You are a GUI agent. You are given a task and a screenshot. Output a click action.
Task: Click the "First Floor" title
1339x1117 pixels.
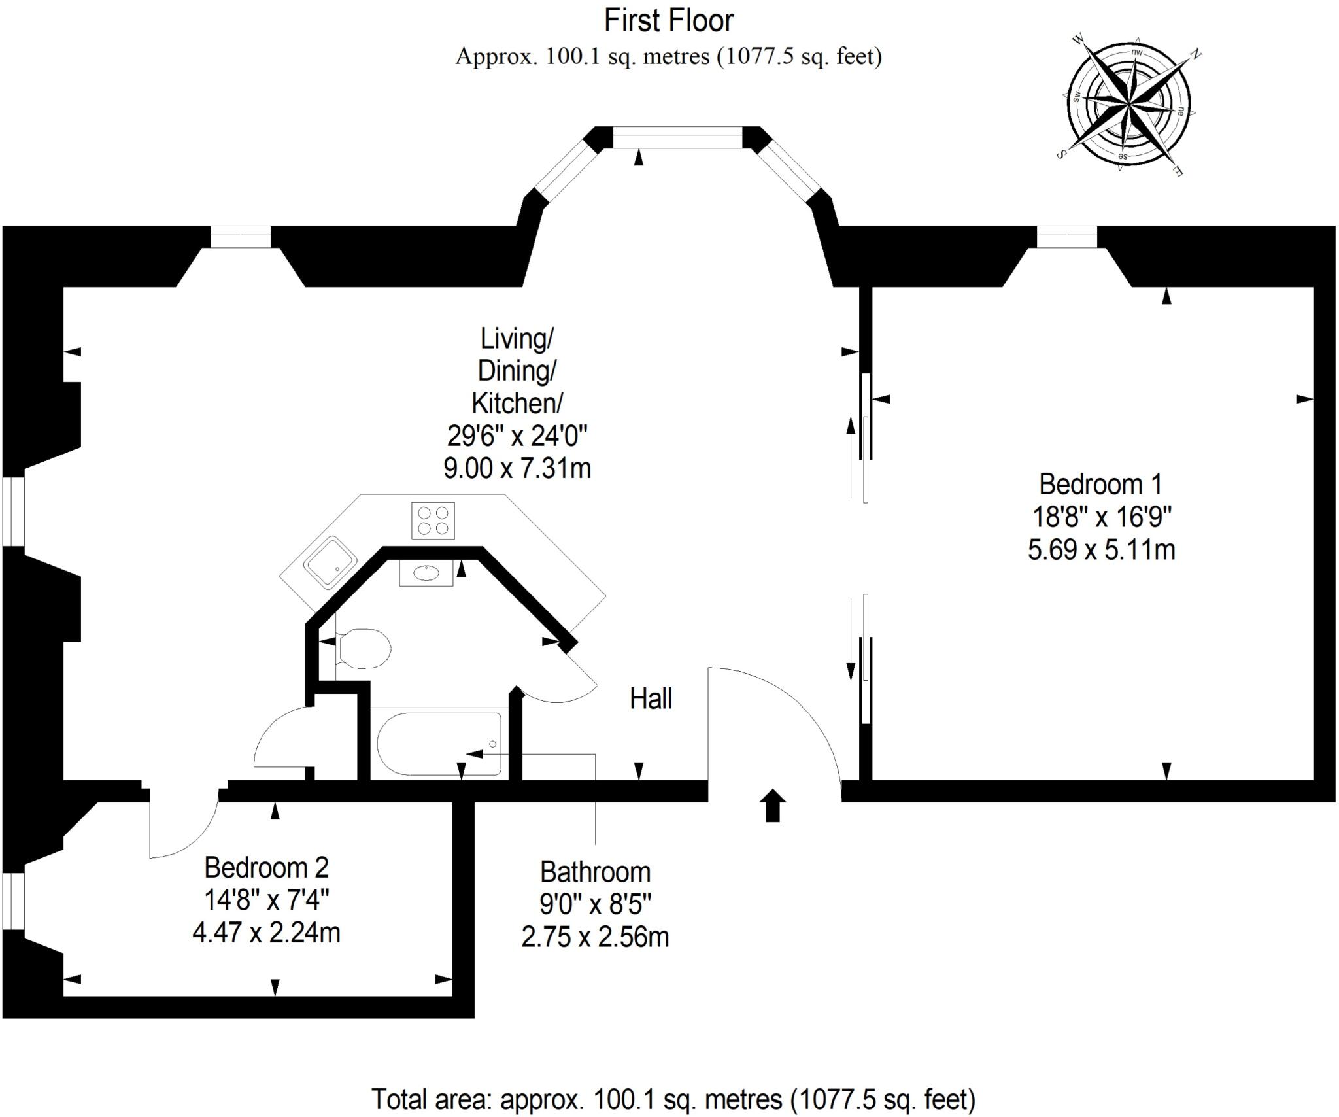[x=668, y=21]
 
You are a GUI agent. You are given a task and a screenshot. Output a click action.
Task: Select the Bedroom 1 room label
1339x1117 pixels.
[x=1101, y=485]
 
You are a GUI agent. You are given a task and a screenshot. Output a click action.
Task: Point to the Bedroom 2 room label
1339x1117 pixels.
[x=266, y=868]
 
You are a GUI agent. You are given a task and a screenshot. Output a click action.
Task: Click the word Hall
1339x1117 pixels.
[x=651, y=699]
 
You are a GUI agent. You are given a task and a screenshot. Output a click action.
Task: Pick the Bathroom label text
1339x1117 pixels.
[x=595, y=872]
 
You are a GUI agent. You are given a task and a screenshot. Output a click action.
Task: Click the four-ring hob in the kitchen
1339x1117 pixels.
[x=433, y=521]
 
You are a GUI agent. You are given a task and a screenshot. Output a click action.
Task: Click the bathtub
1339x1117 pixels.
[x=439, y=744]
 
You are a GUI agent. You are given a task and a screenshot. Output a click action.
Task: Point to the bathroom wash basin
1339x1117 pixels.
[x=426, y=574]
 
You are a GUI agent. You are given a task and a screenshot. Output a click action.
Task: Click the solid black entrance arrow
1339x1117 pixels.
[x=773, y=804]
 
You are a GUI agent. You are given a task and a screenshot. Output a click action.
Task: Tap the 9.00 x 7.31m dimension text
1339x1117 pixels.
[x=517, y=468]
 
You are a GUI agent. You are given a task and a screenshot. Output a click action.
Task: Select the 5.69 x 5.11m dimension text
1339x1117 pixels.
[x=1101, y=549]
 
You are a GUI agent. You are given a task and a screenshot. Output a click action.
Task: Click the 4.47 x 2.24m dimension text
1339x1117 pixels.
[x=266, y=933]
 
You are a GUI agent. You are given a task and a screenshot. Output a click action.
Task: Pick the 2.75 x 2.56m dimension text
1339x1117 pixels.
[x=595, y=937]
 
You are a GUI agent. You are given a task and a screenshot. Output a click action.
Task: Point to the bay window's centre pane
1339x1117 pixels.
[x=677, y=138]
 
